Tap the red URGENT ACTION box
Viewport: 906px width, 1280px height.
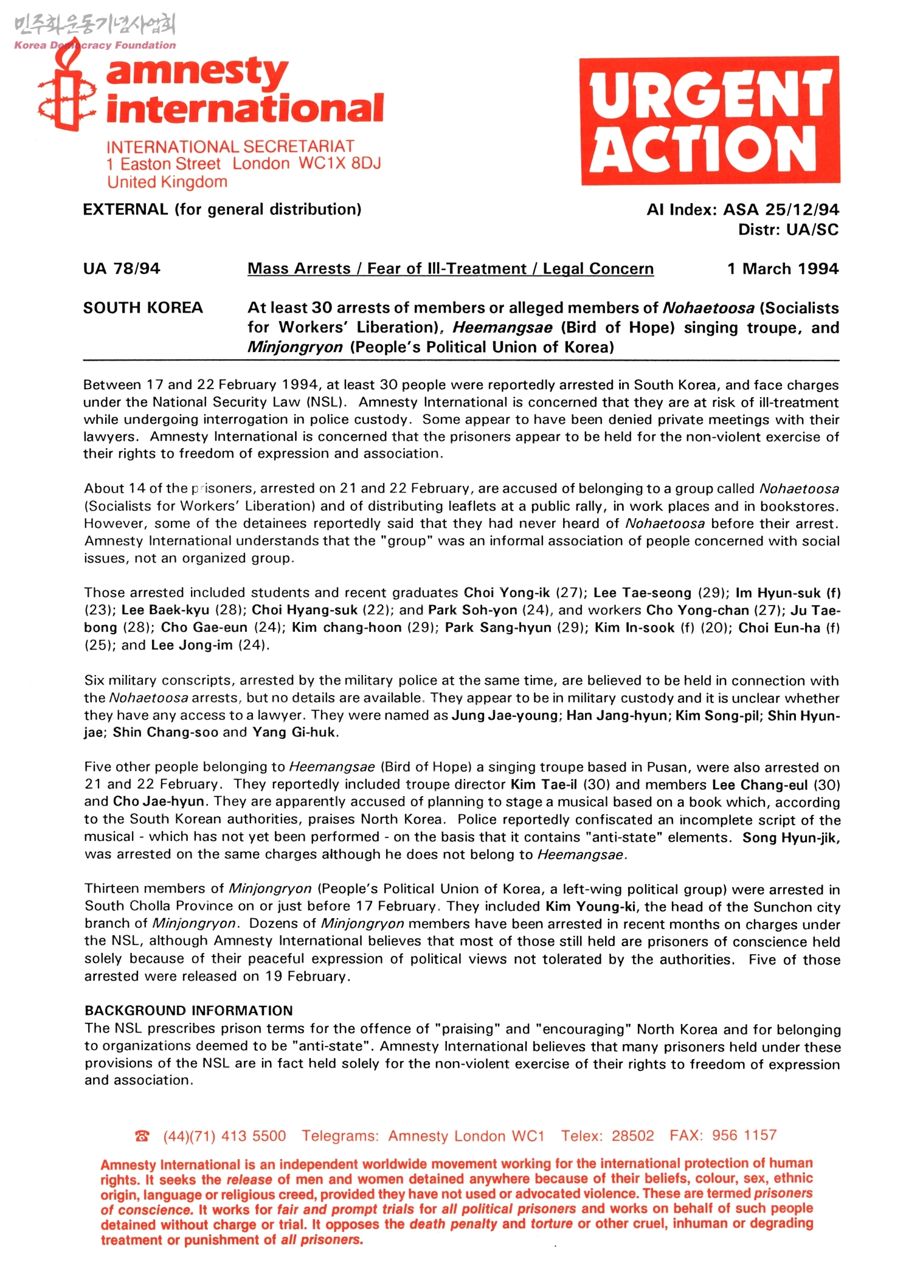coord(710,120)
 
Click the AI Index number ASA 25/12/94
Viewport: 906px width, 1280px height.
coord(781,210)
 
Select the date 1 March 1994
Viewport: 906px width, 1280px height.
coord(783,269)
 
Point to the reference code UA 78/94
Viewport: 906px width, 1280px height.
coord(122,269)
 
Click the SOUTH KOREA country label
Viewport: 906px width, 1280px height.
coord(143,308)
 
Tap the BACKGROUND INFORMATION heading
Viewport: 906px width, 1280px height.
coord(188,1011)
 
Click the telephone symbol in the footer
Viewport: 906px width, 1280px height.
coord(142,1136)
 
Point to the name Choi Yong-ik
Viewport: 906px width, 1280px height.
coord(507,593)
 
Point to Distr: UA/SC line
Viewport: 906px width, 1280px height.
coord(788,230)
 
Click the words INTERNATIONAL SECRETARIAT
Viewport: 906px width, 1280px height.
coord(230,147)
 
